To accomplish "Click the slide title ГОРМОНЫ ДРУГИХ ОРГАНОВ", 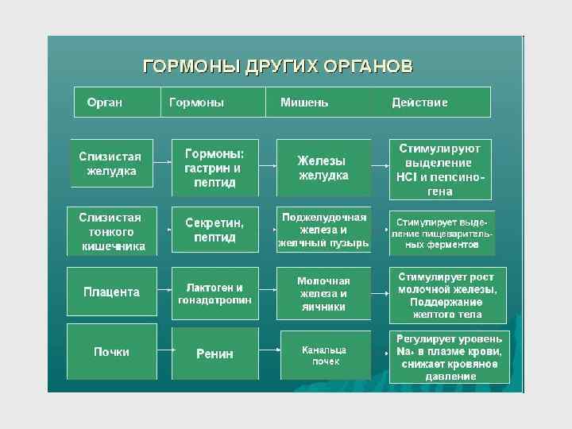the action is click(277, 65).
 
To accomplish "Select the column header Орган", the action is click(105, 102).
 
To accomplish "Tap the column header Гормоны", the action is click(197, 102).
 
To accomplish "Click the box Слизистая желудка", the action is click(112, 164).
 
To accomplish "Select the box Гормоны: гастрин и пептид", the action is click(214, 168).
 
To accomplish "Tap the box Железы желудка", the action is click(323, 168).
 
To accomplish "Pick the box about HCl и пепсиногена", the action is click(440, 169).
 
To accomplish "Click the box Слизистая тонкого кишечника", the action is click(112, 231).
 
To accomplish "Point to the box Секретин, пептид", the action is click(214, 231).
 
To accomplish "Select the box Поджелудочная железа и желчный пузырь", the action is click(323, 230).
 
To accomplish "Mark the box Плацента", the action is click(112, 292).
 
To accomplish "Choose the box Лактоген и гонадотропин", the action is click(214, 293).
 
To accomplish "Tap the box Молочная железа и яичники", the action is click(323, 293).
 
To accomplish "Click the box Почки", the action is click(112, 352).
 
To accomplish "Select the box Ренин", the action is click(214, 354).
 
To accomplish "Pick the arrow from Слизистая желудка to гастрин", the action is click(162, 164).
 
